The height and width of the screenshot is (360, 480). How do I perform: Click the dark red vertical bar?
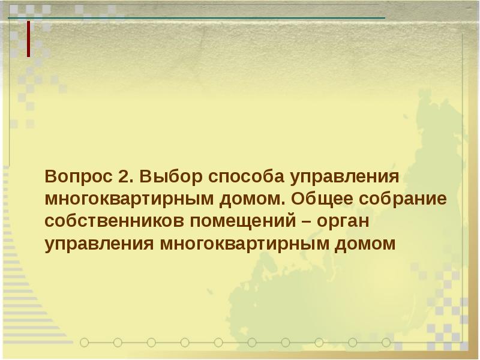(x=28, y=39)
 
